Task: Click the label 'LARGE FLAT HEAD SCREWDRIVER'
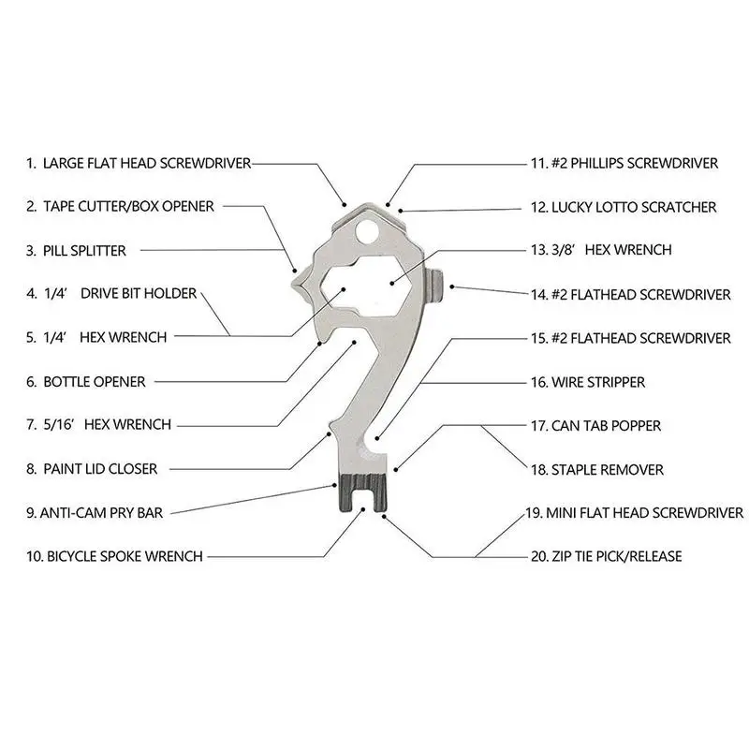click(x=147, y=163)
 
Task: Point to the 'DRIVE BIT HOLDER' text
click(x=139, y=293)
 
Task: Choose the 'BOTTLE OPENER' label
click(x=107, y=381)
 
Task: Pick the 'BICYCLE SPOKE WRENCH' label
click(x=123, y=556)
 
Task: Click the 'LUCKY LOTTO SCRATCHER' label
click(x=635, y=206)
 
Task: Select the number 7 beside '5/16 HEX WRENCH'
click(x=32, y=424)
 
